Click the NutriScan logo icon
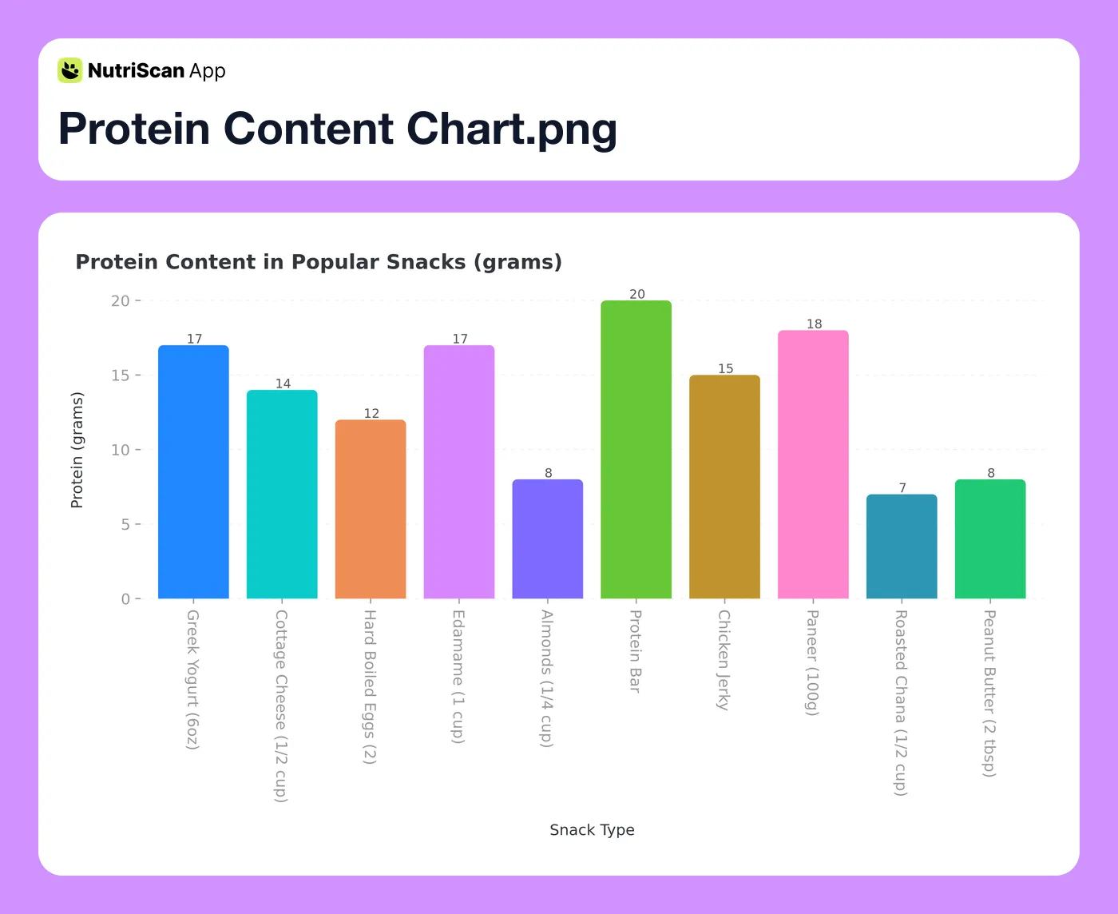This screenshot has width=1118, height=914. click(70, 70)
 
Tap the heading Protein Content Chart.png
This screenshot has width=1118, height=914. click(337, 129)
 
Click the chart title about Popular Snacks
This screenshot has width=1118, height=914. click(319, 262)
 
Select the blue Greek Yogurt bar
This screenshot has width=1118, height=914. click(193, 471)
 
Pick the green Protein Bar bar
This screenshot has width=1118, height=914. click(636, 449)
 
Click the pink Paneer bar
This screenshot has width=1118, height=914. click(813, 464)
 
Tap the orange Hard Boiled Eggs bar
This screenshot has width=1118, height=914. click(371, 509)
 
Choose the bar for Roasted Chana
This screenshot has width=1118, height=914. click(902, 546)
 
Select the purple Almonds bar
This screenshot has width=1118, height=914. click(548, 538)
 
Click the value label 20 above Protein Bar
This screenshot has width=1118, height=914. click(637, 294)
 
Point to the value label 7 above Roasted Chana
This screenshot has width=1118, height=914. click(902, 487)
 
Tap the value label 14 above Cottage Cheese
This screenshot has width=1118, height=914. click(283, 383)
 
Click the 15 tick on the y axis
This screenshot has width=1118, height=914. click(121, 376)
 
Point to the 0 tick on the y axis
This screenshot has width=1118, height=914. click(125, 599)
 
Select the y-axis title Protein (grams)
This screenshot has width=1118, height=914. click(77, 450)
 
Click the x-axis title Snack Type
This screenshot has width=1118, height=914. click(592, 830)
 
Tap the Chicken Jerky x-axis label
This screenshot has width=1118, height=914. click(724, 660)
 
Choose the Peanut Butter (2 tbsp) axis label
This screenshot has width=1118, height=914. click(989, 693)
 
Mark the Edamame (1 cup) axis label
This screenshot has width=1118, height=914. click(458, 677)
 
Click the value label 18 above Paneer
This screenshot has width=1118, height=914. click(814, 324)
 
